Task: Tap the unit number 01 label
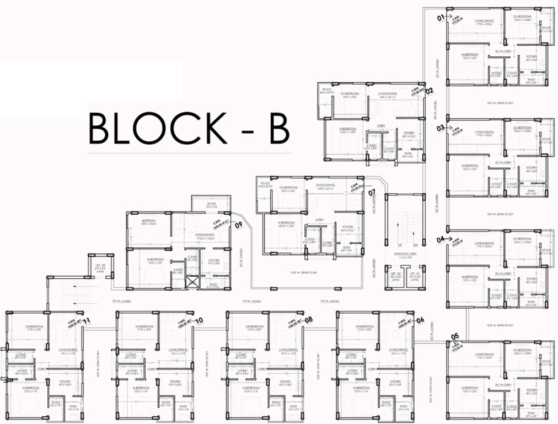pyautogui.click(x=441, y=18)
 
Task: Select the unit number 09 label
pyautogui.click(x=239, y=225)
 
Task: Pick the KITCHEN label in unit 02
pyautogui.click(x=409, y=134)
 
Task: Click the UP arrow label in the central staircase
pyautogui.click(x=394, y=243)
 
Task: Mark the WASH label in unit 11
pyautogui.click(x=72, y=409)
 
